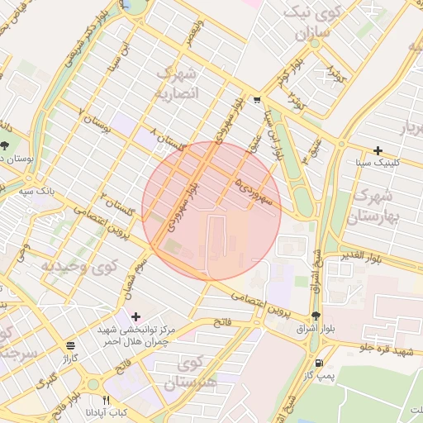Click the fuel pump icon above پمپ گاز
click(318, 363)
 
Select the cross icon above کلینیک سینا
click(378, 150)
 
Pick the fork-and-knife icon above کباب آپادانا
click(106, 378)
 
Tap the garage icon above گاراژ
click(69, 345)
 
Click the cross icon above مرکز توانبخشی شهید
click(135, 316)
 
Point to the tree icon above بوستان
click(6, 145)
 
